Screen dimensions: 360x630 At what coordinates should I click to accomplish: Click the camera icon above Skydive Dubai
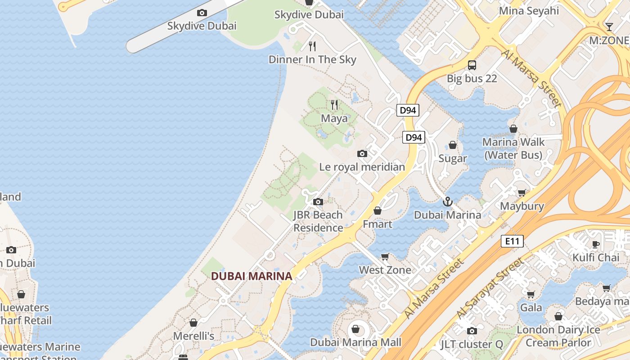(x=202, y=13)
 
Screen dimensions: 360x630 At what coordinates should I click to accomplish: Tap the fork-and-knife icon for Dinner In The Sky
(x=312, y=46)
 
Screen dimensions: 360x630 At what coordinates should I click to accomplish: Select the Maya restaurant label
(x=334, y=118)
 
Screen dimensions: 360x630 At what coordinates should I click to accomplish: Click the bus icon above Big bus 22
(x=472, y=65)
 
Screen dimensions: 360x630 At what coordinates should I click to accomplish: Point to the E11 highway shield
(x=512, y=241)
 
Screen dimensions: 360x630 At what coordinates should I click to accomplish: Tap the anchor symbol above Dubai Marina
(x=447, y=202)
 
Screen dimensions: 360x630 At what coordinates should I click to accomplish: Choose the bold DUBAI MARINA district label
(x=252, y=276)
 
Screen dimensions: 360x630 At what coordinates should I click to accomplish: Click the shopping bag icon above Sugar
(x=453, y=145)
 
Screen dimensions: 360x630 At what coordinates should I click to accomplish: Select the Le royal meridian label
(x=362, y=167)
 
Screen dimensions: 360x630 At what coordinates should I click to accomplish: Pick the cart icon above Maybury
(x=522, y=193)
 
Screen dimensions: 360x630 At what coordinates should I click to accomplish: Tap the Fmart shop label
(x=378, y=224)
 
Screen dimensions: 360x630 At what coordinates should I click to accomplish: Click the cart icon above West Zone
(x=385, y=256)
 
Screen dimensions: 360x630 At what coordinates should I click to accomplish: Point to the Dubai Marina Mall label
(x=355, y=342)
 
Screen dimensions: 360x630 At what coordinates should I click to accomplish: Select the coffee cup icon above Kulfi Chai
(x=596, y=244)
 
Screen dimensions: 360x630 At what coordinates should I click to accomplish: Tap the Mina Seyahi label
(x=529, y=11)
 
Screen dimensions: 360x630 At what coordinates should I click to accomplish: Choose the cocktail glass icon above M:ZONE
(x=609, y=27)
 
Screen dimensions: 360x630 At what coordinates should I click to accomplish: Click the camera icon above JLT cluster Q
(x=472, y=331)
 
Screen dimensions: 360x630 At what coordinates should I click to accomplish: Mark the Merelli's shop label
(x=193, y=336)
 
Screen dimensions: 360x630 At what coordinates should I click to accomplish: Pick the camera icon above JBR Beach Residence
(x=318, y=202)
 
